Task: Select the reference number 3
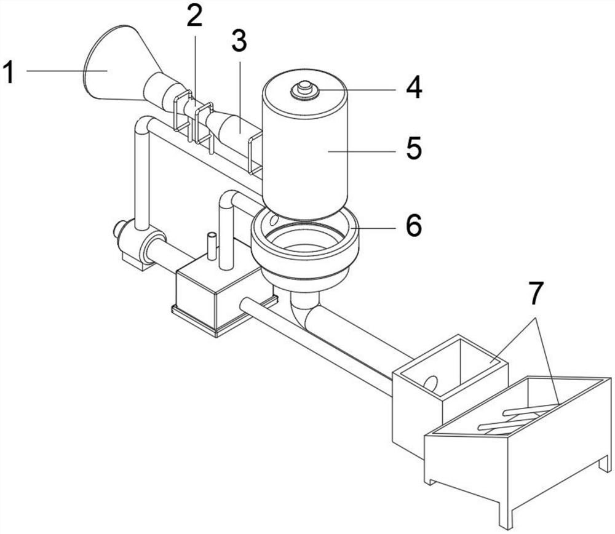click(x=239, y=41)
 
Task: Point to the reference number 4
click(x=414, y=87)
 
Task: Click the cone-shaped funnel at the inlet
click(x=117, y=65)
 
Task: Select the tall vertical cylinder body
click(x=304, y=145)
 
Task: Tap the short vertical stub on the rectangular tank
click(x=212, y=245)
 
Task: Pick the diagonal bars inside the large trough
click(x=518, y=419)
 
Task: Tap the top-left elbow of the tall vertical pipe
click(x=143, y=126)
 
